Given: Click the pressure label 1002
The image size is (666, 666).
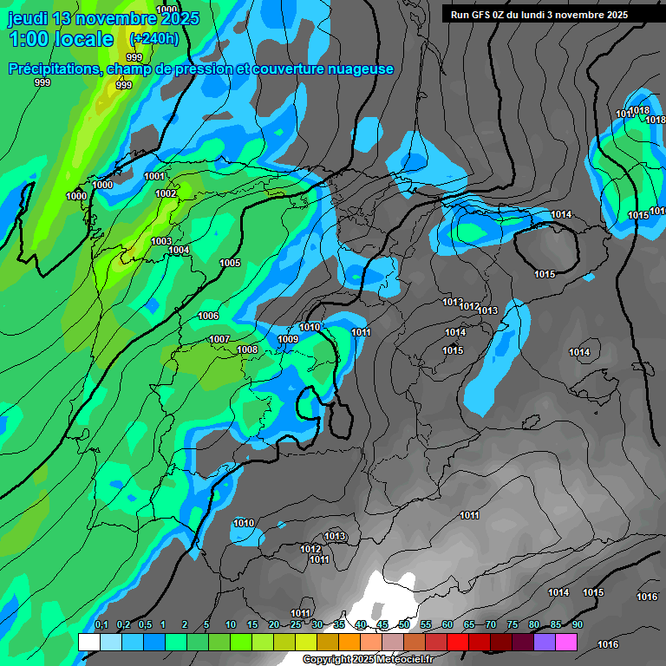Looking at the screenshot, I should coord(166,193).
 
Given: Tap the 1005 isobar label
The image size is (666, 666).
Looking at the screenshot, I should coord(230,263).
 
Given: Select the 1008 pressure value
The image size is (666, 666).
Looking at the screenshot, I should coord(247,349).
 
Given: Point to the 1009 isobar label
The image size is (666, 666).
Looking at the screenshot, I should coord(288,339).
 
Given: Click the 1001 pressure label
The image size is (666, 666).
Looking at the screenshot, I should coord(154,176).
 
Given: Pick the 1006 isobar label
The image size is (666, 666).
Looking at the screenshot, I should coord(208,316).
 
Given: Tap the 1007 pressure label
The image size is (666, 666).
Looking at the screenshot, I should coord(219,339).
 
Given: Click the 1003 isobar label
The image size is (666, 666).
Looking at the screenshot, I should coord(161,241).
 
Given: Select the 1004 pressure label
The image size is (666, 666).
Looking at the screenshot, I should coord(179,250).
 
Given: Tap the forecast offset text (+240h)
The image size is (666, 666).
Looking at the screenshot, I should coord(154,39).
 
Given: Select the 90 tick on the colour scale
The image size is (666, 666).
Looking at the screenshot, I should coord(578,625).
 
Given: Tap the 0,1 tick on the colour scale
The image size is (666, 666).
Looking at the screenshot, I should coord(101,625).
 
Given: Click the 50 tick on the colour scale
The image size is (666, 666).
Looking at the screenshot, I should coord(404,625).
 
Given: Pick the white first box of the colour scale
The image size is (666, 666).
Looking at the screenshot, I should coord(89,643).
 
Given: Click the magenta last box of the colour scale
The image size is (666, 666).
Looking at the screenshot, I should coord(566,643).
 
